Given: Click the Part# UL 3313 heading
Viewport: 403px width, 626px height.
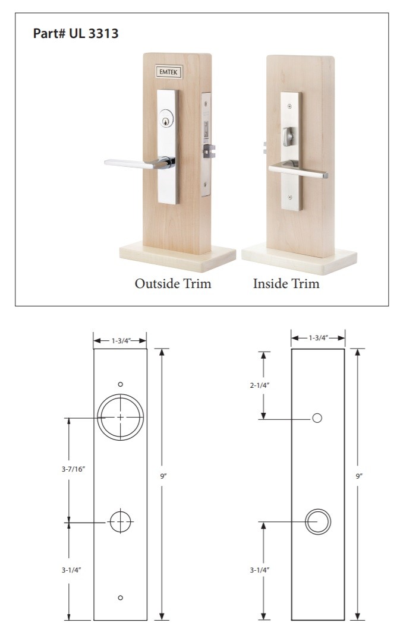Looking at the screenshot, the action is click(75, 33).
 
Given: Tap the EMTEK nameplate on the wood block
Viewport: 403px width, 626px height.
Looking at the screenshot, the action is click(169, 72).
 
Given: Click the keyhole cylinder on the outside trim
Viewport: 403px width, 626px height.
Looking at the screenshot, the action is click(166, 118).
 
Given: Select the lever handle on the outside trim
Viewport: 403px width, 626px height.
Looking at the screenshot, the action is click(140, 163).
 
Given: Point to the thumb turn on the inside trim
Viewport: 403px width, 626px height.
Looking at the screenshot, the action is click(288, 137).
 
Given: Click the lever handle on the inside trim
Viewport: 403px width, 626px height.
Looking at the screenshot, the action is click(298, 169).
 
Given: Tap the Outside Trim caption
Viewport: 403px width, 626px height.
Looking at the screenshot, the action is click(173, 283).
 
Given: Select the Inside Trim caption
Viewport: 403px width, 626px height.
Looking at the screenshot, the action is click(286, 283).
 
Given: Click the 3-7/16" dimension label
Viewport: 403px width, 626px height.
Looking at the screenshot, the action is click(74, 469).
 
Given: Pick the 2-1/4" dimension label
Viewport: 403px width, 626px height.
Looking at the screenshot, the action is click(260, 385).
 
